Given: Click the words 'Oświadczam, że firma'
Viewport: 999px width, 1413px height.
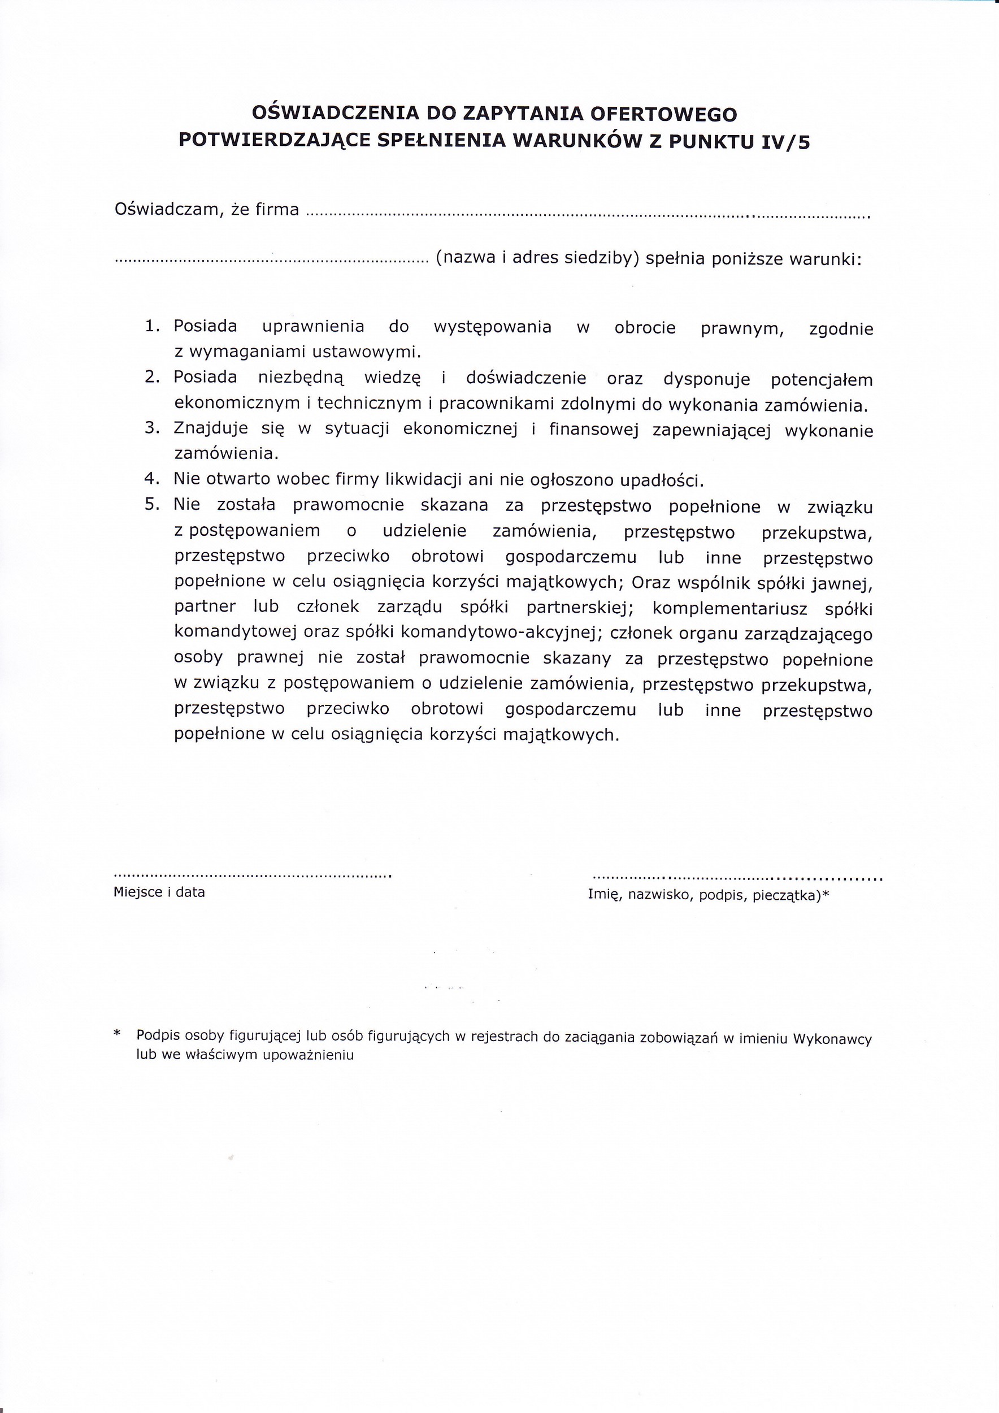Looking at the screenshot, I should tap(207, 210).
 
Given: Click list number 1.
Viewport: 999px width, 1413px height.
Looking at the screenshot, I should tap(152, 326).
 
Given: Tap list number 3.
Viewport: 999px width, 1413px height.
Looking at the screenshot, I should tap(152, 428).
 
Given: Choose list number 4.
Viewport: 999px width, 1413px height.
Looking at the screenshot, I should tap(152, 479).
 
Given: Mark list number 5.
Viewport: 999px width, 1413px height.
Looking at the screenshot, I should tap(152, 505).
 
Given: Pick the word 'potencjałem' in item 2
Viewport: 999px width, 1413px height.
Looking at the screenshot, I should tap(821, 380).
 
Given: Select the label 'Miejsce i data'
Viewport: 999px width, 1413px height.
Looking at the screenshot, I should tap(159, 892).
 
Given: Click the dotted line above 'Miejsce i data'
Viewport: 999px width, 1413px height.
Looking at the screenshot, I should tap(252, 874).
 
